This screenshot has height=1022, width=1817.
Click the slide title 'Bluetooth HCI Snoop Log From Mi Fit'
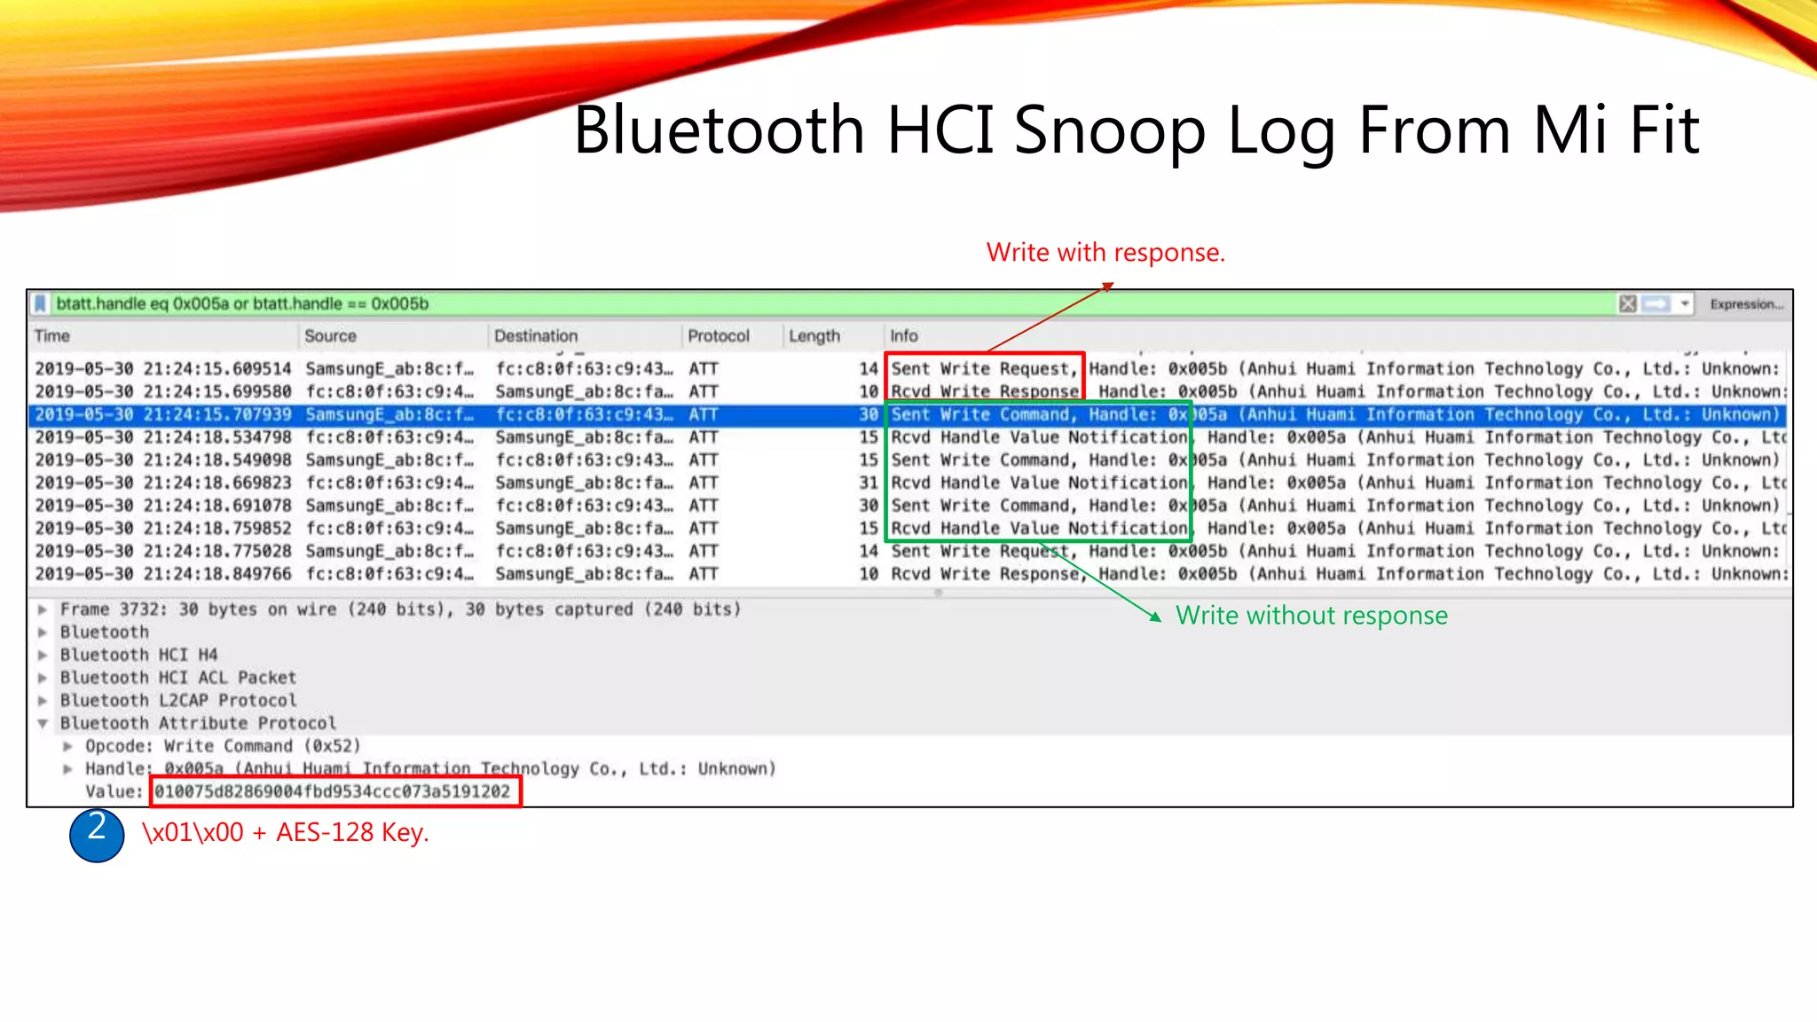pyautogui.click(x=1136, y=130)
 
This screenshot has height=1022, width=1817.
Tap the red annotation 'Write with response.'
pyautogui.click(x=1105, y=253)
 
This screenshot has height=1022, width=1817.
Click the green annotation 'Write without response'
pyautogui.click(x=1311, y=616)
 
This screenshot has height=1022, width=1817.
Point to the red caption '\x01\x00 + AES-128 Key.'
pyautogui.click(x=285, y=833)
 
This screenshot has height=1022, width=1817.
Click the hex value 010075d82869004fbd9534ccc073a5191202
pyautogui.click(x=333, y=791)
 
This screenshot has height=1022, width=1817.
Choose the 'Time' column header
pyautogui.click(x=52, y=336)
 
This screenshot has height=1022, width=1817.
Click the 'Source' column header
pyautogui.click(x=330, y=336)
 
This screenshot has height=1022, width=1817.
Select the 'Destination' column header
pyautogui.click(x=535, y=336)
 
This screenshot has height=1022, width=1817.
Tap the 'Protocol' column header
pyautogui.click(x=718, y=336)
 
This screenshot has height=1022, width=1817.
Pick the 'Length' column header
pyautogui.click(x=814, y=336)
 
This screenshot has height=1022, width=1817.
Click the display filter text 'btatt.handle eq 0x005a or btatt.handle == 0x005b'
pyautogui.click(x=242, y=304)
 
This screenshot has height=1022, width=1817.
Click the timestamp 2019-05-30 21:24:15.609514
pyautogui.click(x=163, y=369)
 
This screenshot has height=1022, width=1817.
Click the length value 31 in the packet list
pyautogui.click(x=868, y=483)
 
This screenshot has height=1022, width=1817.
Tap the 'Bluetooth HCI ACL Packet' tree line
pyautogui.click(x=177, y=678)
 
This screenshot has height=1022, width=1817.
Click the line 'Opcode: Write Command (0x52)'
pyautogui.click(x=222, y=746)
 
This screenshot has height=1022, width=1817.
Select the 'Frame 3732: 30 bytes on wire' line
pyautogui.click(x=399, y=609)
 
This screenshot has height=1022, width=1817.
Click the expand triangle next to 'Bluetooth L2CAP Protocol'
pyautogui.click(x=43, y=701)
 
